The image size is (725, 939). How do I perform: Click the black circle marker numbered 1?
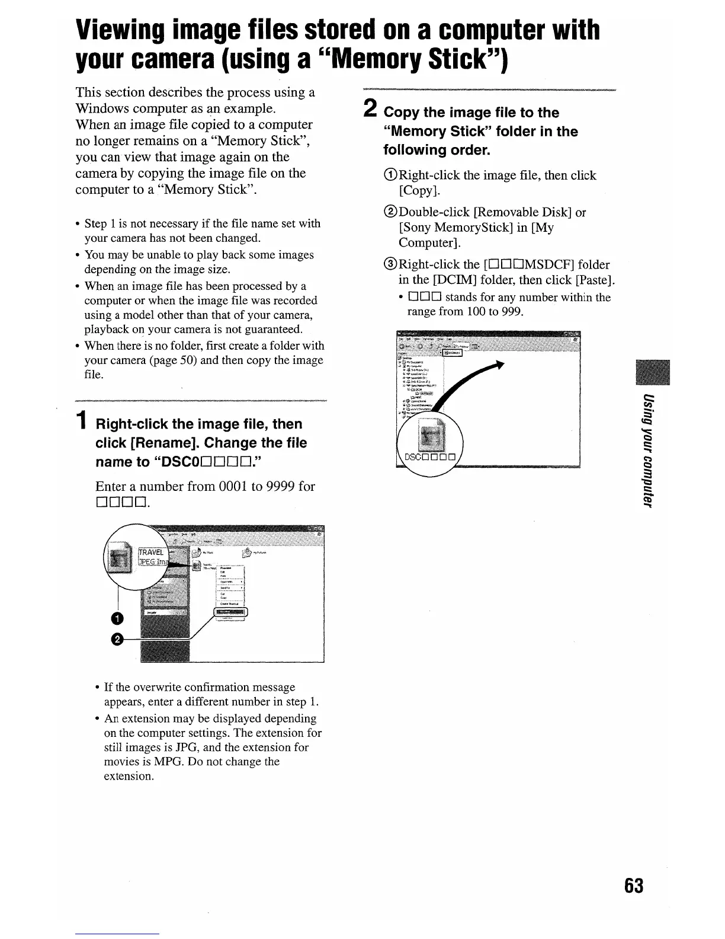(117, 619)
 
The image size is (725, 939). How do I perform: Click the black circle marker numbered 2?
(117, 638)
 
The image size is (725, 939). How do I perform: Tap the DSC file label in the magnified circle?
(430, 457)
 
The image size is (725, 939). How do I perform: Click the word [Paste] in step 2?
(597, 280)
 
